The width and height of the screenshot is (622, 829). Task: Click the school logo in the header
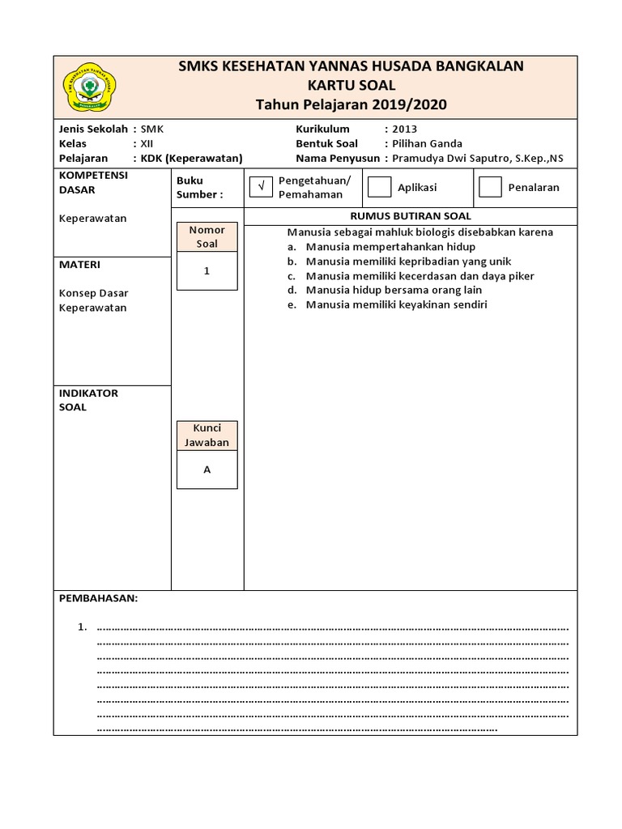pos(89,87)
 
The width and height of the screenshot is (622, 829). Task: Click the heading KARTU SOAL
pos(351,85)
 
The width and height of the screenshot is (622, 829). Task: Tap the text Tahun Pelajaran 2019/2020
pos(351,104)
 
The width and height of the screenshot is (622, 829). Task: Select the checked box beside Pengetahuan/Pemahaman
pos(261,187)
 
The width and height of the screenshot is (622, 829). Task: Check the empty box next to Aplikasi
pos(379,187)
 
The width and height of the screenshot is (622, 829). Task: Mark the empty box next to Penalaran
pos(490,187)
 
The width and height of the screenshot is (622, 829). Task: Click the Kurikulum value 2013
pos(404,129)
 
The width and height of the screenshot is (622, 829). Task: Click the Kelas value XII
pos(147,143)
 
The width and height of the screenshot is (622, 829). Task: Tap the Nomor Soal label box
pos(207,236)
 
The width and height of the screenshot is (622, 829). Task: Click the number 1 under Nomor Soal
pos(207,271)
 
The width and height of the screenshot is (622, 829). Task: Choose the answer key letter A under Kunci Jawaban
pos(207,470)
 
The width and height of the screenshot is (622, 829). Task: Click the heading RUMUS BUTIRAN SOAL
pos(410,216)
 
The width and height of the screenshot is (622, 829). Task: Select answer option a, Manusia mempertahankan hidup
pos(390,247)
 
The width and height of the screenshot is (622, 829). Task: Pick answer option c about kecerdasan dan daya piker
pos(420,276)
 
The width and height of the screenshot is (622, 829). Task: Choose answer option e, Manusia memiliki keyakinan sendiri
pos(396,305)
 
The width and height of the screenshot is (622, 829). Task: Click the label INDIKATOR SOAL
pos(89,400)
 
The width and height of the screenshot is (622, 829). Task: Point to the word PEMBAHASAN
pos(99,598)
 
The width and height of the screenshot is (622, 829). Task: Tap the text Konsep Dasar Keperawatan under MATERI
pos(94,300)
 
